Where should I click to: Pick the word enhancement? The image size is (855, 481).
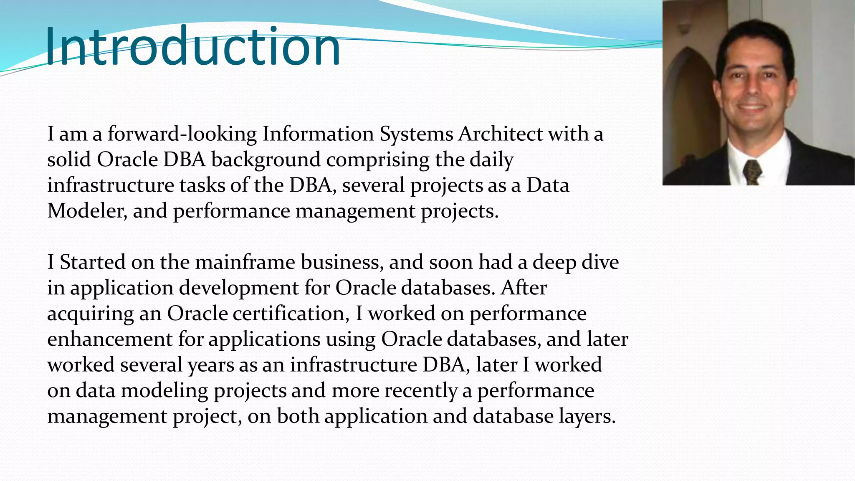[110, 339]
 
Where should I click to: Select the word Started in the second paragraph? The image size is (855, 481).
[92, 262]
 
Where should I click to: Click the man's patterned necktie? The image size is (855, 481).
[752, 172]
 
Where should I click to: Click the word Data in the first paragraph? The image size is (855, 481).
[547, 185]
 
